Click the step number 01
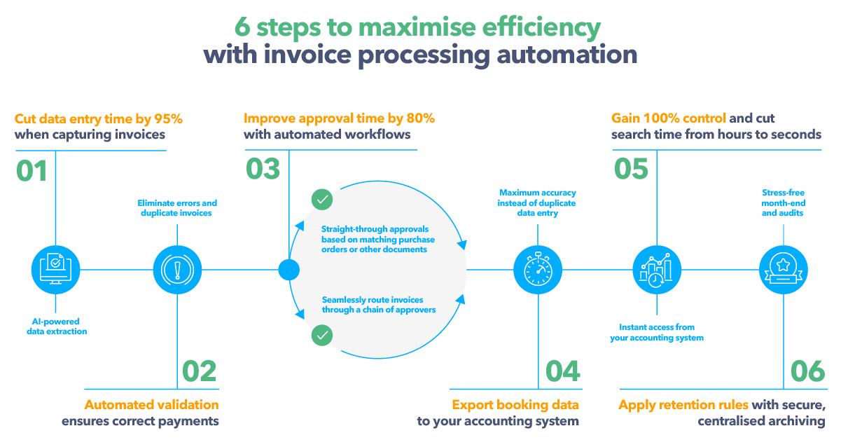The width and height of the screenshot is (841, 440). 32,170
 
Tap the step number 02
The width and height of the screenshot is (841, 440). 200,371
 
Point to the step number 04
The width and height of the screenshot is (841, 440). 564,371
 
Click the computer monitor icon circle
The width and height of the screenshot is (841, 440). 55,269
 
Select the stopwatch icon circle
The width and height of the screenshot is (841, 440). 538,269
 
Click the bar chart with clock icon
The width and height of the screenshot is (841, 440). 656,269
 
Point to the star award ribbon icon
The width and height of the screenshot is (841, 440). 784,269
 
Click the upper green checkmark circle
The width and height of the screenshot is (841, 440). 322,200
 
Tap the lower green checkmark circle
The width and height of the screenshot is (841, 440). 322,336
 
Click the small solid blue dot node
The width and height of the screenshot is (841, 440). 289,269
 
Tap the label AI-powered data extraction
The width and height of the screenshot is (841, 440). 57,326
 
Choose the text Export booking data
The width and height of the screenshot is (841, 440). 515,405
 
